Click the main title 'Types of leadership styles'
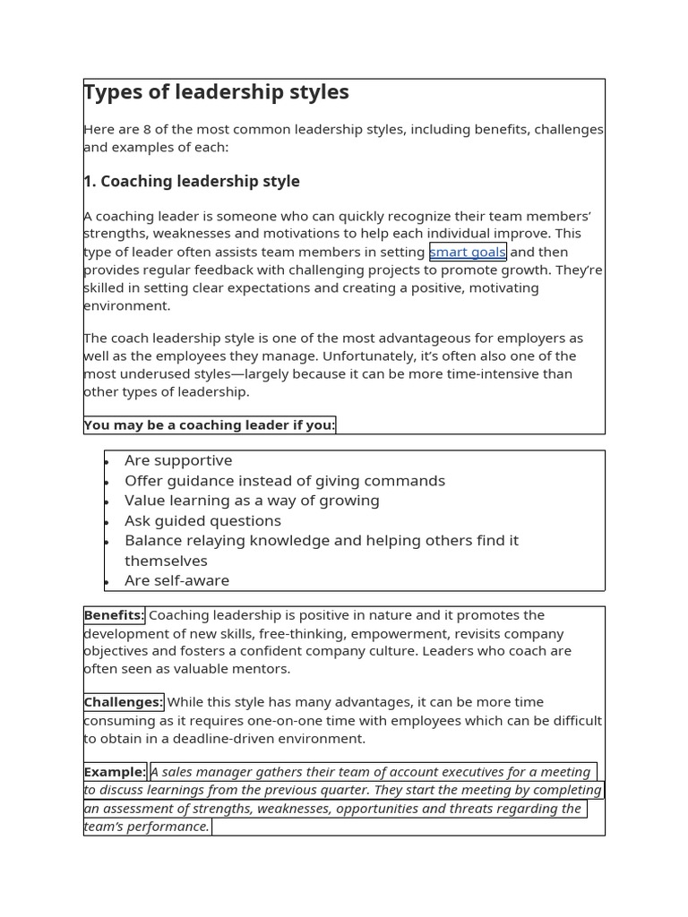[x=216, y=92]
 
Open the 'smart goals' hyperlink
[x=468, y=252]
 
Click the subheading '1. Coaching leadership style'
[x=192, y=181]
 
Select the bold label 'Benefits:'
[x=114, y=615]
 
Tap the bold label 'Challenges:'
[x=124, y=702]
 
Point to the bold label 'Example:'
[x=115, y=772]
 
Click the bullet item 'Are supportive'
[x=178, y=460]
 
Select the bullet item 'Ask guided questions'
[x=202, y=520]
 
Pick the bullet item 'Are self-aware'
[x=176, y=580]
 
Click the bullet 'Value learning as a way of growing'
[x=252, y=501]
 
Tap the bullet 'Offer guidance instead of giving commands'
[x=284, y=481]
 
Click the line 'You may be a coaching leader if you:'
[x=210, y=424]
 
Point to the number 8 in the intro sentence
[x=148, y=129]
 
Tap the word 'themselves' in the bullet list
[x=166, y=561]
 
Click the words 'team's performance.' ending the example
[x=147, y=827]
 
